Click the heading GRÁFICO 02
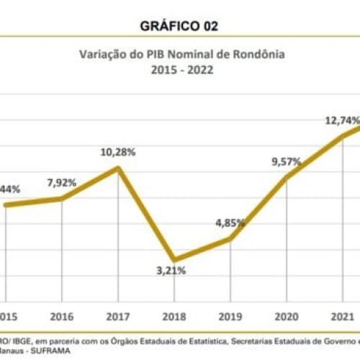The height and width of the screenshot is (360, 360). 180,26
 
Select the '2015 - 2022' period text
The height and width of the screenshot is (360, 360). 180,71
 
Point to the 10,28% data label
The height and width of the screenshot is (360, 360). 118,152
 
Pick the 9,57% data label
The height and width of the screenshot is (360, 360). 286,162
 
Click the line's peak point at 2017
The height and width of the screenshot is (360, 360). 117,168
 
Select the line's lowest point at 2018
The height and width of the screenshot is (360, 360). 174,259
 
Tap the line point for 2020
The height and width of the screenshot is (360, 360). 287,177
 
